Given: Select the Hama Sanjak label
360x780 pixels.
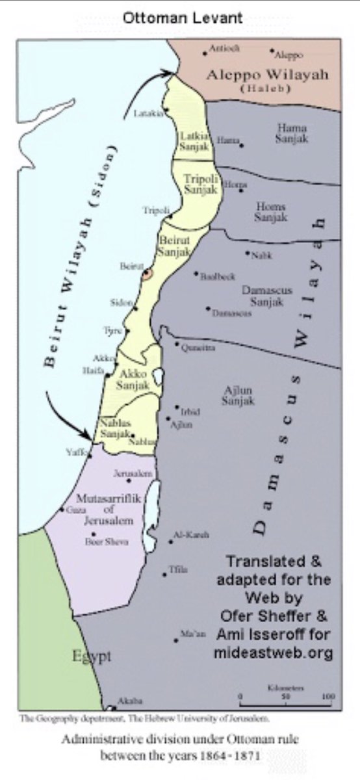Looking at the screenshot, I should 291,133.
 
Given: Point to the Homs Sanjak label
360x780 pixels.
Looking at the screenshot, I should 270,212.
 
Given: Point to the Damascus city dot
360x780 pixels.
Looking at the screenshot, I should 208,308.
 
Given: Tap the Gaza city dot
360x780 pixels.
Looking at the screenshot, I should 62,510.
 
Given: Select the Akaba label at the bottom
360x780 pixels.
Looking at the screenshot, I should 125,701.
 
